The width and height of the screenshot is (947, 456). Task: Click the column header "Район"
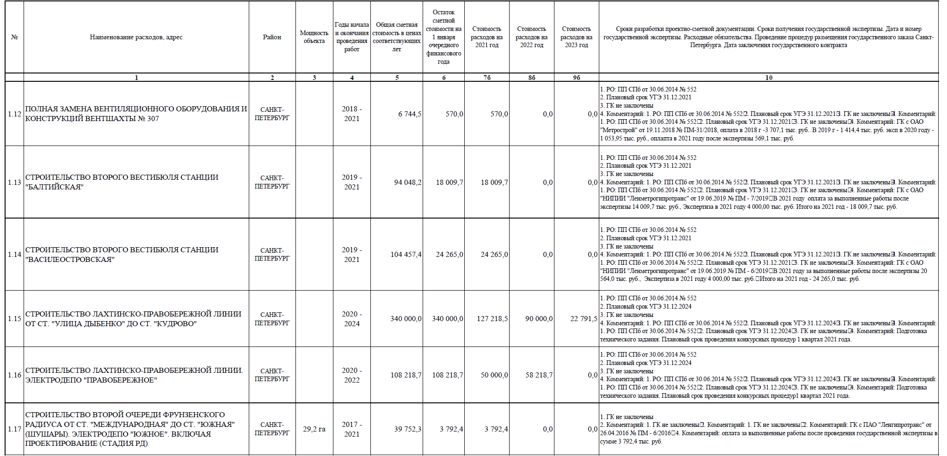click(x=272, y=37)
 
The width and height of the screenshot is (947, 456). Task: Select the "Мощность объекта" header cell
click(x=314, y=37)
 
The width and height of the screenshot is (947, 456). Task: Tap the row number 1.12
click(x=14, y=114)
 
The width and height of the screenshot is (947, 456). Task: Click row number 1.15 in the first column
click(x=14, y=319)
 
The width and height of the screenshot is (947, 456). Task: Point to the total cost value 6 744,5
click(x=409, y=114)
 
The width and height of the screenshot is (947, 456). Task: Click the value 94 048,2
click(x=407, y=182)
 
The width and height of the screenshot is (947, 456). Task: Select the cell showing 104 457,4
click(x=406, y=255)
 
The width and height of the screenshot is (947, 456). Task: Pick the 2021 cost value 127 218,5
click(x=492, y=319)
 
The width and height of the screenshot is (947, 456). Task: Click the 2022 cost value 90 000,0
click(x=539, y=319)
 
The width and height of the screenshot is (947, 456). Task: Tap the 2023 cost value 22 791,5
click(x=584, y=319)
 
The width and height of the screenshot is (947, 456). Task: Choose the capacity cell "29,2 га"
click(x=314, y=429)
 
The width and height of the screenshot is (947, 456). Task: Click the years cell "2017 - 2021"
click(x=351, y=429)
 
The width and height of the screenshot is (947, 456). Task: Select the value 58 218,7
click(x=539, y=375)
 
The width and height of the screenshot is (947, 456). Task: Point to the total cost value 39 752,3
click(x=407, y=429)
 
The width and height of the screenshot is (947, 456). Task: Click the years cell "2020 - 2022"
click(x=351, y=375)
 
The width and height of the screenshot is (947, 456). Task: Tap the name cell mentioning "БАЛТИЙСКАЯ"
click(x=122, y=182)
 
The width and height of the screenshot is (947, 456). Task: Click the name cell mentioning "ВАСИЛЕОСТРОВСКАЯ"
click(x=122, y=255)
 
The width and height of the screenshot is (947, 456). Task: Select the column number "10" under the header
click(x=769, y=78)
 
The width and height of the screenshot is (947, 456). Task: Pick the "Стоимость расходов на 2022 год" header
click(x=531, y=37)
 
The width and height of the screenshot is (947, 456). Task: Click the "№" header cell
click(x=14, y=37)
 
